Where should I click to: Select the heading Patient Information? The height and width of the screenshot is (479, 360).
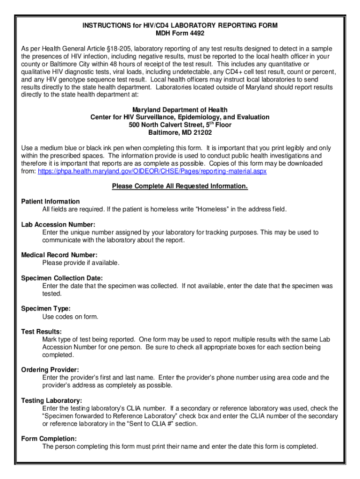(x=50, y=202)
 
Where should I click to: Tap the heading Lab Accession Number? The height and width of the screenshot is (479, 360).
(x=58, y=225)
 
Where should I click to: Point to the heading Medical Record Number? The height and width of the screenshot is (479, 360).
(x=59, y=255)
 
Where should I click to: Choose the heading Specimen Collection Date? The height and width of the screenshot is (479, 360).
(x=62, y=278)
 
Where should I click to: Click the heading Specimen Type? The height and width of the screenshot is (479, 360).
(x=46, y=308)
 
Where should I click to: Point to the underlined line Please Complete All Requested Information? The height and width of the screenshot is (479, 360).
(x=180, y=187)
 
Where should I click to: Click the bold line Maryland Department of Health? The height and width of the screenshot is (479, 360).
(x=180, y=109)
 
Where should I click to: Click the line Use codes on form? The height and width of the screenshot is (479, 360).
(x=70, y=317)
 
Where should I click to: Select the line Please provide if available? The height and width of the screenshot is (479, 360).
(x=80, y=263)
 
